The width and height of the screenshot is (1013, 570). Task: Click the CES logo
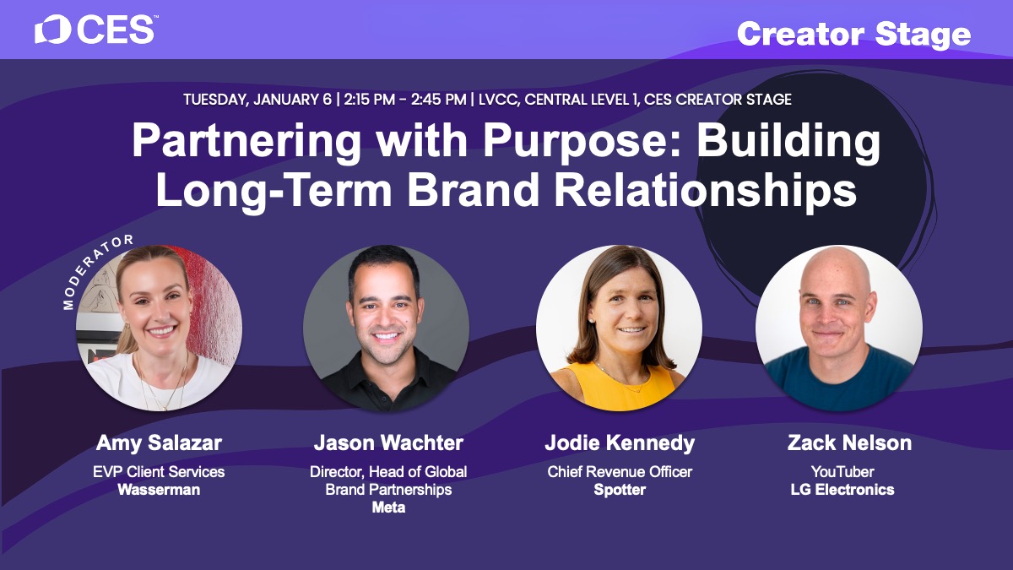pos(95,30)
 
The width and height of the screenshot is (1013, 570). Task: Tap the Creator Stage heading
pos(853,35)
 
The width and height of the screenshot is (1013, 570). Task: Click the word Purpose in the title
pos(582,141)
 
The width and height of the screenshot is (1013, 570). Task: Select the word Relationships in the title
pos(706,189)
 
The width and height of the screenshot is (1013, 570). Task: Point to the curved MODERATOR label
pos(93,269)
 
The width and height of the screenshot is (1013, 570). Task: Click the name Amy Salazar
pos(159,442)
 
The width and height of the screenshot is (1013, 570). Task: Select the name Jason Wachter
pos(388,442)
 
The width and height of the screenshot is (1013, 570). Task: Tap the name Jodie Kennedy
pos(620,442)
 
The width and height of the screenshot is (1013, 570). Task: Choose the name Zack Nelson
pos(849,442)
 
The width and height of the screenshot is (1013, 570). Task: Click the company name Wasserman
pos(159,490)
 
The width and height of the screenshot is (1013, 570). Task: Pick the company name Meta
pos(388,508)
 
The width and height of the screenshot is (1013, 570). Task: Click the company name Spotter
pos(620,490)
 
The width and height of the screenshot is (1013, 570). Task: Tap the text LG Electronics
pos(842,490)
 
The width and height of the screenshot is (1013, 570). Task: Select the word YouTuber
pos(842,472)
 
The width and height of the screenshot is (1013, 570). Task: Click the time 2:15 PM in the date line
pos(369,100)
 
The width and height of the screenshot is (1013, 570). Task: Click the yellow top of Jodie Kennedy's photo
pos(620,385)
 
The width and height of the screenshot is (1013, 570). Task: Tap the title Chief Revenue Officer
pos(620,472)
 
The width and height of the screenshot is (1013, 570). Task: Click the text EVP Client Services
pos(159,472)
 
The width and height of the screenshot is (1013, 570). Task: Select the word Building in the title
pos(788,141)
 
